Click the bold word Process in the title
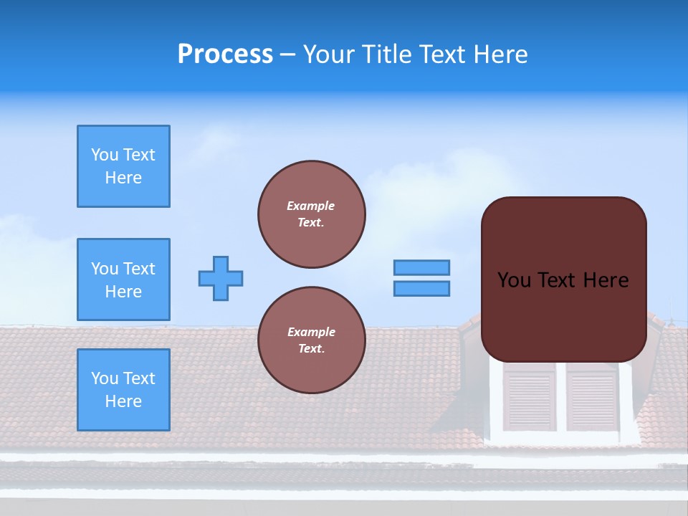tap(225, 54)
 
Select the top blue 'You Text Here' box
tap(123, 166)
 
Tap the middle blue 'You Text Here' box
tap(123, 279)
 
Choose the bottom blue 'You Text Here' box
tap(123, 390)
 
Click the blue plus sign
tap(221, 278)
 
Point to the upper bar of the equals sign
tap(421, 267)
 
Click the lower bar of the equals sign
tap(421, 289)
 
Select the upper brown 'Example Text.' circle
tap(312, 214)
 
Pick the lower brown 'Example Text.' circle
tap(312, 340)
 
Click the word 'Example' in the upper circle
tap(311, 206)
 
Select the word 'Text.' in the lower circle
tap(311, 349)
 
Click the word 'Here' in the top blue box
tap(123, 178)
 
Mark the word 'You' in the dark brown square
tap(514, 280)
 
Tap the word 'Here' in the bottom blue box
tap(123, 401)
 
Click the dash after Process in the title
tap(288, 54)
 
